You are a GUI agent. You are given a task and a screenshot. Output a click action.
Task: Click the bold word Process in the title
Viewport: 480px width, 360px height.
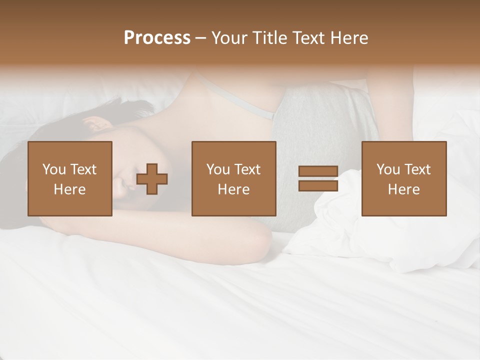coord(157,38)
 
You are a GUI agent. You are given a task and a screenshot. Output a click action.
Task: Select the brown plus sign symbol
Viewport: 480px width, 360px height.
coord(152,178)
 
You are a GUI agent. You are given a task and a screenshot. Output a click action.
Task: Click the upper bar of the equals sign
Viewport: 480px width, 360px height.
coord(318,171)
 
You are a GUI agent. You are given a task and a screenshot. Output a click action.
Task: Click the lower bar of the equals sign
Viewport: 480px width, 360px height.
coord(318,185)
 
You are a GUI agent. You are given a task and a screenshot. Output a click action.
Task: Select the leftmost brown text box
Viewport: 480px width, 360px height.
coord(70,178)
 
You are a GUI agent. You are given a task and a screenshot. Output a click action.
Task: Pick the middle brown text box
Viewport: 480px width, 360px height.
coord(234,178)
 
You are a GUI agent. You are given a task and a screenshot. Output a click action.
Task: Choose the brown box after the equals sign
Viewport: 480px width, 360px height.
coord(404,178)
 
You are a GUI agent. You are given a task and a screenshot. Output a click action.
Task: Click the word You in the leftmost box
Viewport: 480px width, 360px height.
coord(53,169)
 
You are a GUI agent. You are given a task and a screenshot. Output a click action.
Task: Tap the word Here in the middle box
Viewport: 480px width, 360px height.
coord(234,189)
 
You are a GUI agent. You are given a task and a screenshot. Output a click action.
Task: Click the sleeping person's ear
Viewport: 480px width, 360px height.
coord(96,122)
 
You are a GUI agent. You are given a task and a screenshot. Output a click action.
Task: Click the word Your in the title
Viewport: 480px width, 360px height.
coord(230,38)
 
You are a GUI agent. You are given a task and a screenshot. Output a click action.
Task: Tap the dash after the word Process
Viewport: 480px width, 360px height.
coord(201,38)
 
